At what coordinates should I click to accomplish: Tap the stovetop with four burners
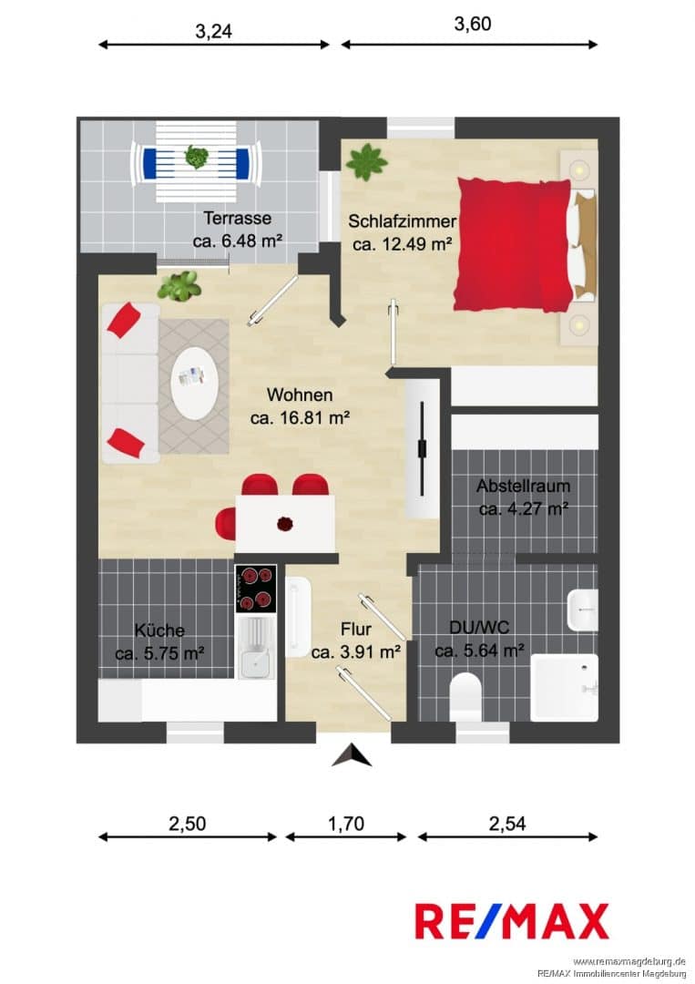point(256,589)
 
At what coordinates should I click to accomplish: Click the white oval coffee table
point(196,384)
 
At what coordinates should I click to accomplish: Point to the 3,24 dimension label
point(214,31)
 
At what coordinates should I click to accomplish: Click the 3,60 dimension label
point(473,24)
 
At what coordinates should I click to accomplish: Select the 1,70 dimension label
point(346,823)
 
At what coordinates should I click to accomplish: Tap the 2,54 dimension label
point(507,823)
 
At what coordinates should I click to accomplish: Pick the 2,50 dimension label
point(187,823)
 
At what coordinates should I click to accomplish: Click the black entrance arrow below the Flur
point(352,755)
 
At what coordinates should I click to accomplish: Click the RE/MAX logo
point(512,920)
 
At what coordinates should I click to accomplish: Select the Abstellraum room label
point(523,486)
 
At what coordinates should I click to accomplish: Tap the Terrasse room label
point(237,219)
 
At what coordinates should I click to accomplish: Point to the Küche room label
point(159,630)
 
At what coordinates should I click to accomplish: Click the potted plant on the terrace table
point(197,157)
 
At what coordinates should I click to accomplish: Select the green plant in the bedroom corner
point(366,161)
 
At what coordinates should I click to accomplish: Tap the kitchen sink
point(255,648)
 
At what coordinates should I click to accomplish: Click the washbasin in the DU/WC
point(583,610)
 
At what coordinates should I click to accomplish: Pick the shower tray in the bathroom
point(565,688)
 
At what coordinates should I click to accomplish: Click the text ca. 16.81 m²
point(300,417)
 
